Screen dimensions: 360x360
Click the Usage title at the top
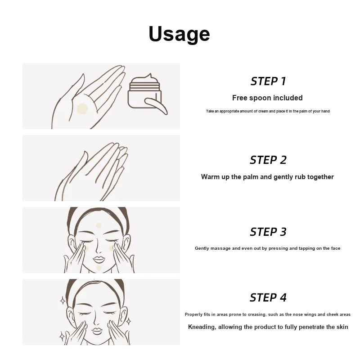(179, 34)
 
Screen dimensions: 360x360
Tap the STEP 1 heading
(268, 81)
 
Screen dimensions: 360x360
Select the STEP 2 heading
(268, 160)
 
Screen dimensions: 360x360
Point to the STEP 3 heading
(268, 232)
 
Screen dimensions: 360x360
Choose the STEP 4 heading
(268, 297)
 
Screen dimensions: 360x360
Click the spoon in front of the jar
(156, 106)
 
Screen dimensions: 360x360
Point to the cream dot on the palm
(82, 109)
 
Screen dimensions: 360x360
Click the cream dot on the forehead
(99, 225)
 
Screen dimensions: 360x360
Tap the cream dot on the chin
(99, 268)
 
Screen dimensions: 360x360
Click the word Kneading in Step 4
(202, 327)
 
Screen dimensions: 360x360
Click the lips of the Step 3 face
(99, 260)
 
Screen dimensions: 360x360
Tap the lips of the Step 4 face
(97, 331)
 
